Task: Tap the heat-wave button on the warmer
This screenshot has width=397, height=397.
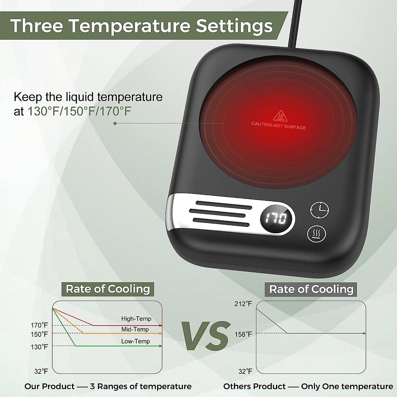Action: point(317,234)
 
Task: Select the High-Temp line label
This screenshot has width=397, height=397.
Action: point(136,319)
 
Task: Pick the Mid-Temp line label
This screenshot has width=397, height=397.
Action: point(135,329)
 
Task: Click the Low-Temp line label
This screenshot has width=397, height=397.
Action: point(135,341)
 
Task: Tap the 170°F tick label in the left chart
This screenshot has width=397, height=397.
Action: point(39,326)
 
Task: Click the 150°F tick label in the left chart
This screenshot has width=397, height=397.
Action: point(39,334)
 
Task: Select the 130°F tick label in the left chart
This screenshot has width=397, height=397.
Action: point(39,347)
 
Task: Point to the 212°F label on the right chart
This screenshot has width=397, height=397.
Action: point(243,304)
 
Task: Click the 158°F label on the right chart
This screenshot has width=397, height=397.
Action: point(243,334)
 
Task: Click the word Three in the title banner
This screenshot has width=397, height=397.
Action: point(36,26)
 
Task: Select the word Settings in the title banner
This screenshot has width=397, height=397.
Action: point(234,26)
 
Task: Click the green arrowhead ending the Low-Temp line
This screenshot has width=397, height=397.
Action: point(160,346)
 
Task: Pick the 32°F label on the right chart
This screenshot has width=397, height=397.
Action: point(245,372)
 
